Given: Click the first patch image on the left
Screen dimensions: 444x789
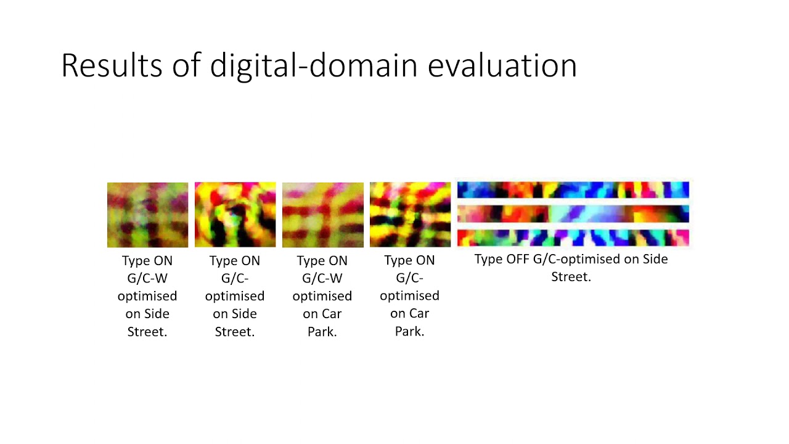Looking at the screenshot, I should [x=147, y=215].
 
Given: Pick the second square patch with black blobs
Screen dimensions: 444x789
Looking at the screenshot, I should [x=235, y=215].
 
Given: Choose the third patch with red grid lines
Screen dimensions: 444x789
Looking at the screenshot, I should [x=322, y=215].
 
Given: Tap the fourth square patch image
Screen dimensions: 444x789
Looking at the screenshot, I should [x=410, y=215].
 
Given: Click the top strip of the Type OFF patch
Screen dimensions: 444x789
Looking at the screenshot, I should [x=573, y=189].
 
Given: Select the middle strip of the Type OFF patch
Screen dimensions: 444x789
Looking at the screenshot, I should [x=573, y=214].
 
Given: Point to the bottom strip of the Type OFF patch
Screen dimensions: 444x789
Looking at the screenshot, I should [x=573, y=237].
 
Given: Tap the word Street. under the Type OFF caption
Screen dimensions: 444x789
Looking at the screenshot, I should [x=571, y=277].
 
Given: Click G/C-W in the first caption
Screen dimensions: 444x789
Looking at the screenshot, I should [x=147, y=279].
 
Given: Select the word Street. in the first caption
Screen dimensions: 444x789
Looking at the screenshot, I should [x=147, y=332].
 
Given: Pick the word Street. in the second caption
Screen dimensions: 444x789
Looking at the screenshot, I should [x=235, y=332].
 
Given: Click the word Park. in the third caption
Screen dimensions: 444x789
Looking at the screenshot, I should [x=322, y=332].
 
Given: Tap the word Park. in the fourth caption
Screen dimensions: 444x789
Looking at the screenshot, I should [x=410, y=331].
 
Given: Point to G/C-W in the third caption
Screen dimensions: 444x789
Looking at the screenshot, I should [x=322, y=279].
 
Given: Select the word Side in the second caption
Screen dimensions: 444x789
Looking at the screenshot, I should [x=243, y=314].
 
